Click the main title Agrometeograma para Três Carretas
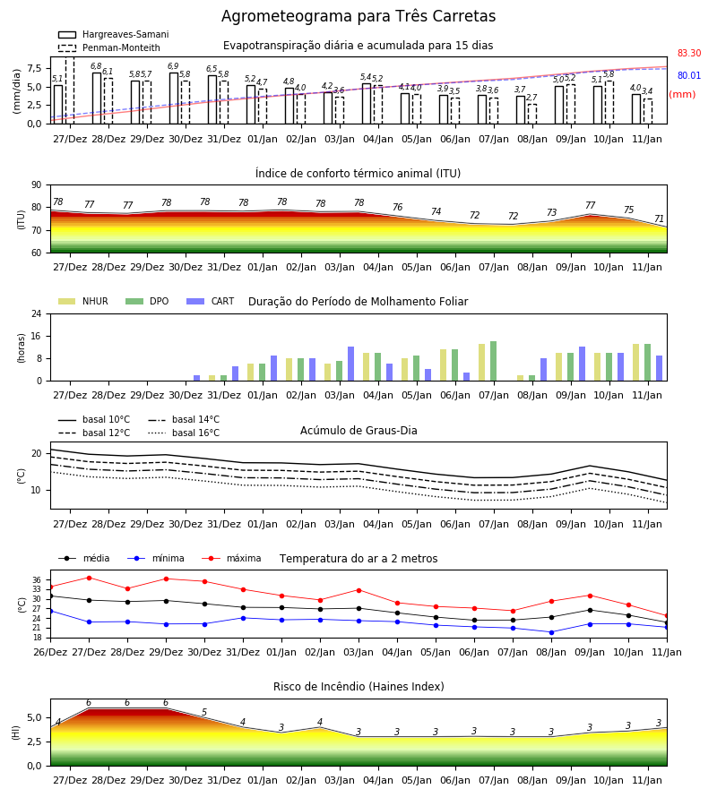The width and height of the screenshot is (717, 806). coord(358,16)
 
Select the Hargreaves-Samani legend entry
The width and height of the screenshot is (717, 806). coord(113,34)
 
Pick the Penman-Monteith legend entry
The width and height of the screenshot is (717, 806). coord(109,47)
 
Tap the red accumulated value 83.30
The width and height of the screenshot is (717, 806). coord(689,53)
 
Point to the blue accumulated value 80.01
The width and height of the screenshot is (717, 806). coord(689,75)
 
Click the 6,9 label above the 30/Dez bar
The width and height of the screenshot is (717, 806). coord(173,66)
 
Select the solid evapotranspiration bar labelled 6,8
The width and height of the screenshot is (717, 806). coord(97,99)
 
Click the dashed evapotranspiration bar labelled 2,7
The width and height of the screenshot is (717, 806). coord(532,114)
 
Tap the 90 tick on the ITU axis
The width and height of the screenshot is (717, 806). coord(37,185)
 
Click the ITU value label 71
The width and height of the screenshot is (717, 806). coord(659,219)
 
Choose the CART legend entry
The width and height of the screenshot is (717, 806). coord(211,301)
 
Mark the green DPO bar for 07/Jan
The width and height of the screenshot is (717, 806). coord(493,361)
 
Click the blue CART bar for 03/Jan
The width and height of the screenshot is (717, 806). coord(350,364)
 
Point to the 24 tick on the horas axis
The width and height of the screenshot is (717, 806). coord(37,313)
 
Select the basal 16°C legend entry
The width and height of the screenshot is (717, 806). coord(184,433)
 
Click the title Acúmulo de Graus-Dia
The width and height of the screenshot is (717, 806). coord(358,431)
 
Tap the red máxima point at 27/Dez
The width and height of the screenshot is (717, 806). coord(89,578)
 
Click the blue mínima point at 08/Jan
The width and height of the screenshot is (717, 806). coord(551,632)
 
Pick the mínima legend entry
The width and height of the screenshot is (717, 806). coord(156,558)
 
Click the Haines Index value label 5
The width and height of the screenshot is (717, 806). coord(204,713)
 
